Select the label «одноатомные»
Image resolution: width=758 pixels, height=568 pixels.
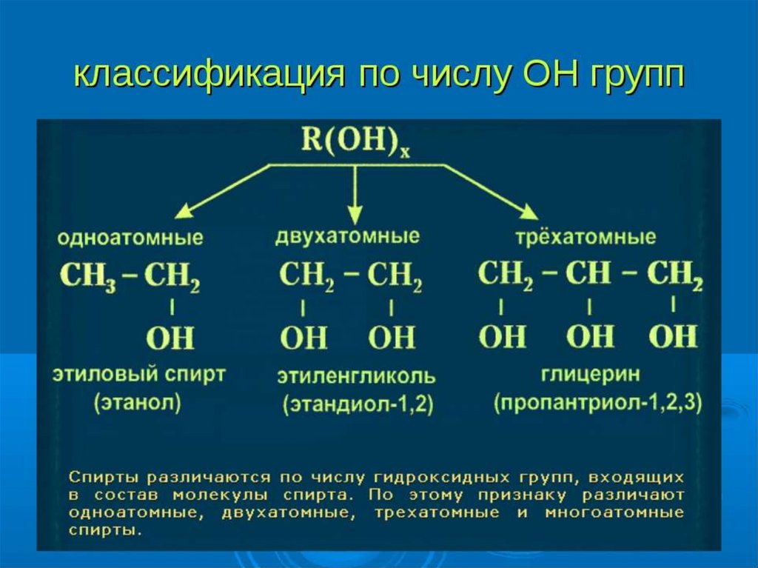tap(131, 239)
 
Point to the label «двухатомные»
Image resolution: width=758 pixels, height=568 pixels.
tap(347, 236)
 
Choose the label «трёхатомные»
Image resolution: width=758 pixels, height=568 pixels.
tap(586, 237)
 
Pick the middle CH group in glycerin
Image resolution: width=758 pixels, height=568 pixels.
tap(588, 273)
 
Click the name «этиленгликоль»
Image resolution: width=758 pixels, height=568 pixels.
tap(356, 376)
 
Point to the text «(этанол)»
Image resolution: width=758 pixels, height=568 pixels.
tap(138, 404)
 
